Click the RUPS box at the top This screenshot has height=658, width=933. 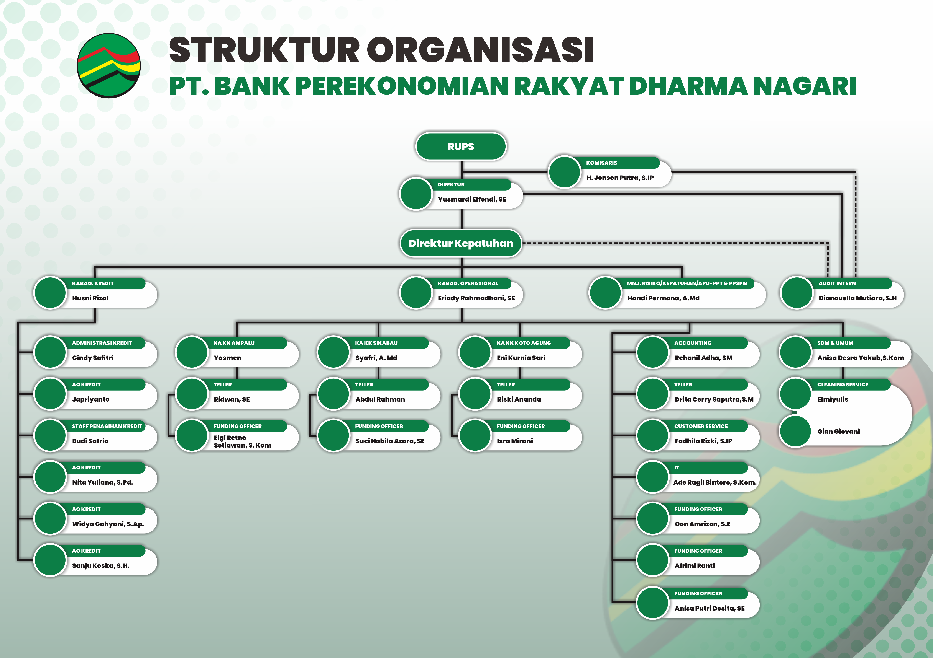pos(461,146)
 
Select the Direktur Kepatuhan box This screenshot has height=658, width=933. pos(461,243)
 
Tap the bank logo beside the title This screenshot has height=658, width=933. pos(109,65)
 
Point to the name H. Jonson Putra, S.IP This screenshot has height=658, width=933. pos(620,177)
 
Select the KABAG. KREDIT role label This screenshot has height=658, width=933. pos(93,283)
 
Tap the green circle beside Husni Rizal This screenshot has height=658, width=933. pos(50,293)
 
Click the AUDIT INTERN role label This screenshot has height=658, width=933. pos(837,283)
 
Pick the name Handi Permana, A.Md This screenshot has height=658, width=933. pos(663,298)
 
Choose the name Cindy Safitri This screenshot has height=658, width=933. pos(93,358)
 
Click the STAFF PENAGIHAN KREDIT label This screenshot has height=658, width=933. pos(107,426)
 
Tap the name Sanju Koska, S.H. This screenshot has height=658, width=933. pos(101,565)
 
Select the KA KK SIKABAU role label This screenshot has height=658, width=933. pos(376,343)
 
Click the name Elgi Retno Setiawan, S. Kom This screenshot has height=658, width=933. pos(242,441)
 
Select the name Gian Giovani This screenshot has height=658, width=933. pos(838,431)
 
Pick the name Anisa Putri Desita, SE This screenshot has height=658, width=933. pos(710,608)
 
